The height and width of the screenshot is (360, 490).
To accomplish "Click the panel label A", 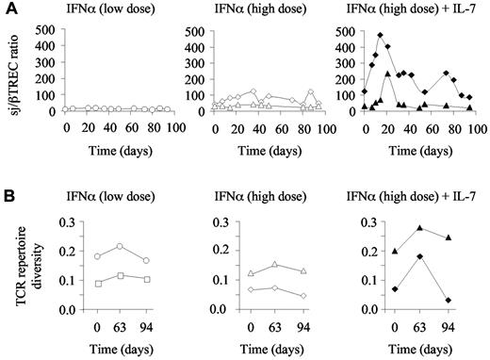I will coord(8,8).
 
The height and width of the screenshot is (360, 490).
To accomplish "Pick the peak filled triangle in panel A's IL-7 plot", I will coord(388,73).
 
